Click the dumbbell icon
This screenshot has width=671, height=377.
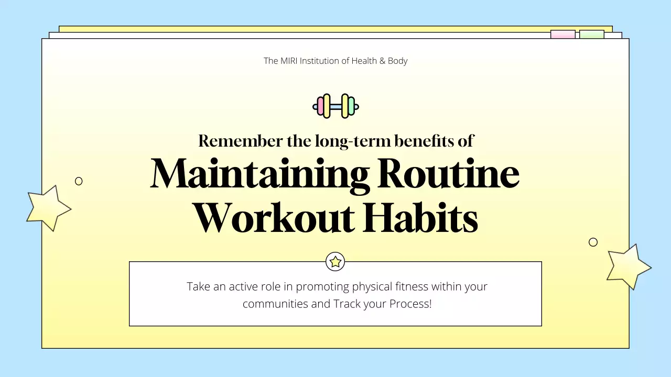(x=335, y=106)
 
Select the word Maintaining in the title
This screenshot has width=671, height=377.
(x=260, y=174)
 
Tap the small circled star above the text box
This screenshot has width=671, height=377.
(x=335, y=261)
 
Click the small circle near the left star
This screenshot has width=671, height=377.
(x=79, y=181)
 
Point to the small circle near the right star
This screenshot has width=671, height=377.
(x=593, y=242)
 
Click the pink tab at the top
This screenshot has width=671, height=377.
(x=562, y=34)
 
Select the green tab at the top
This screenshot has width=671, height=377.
(x=591, y=34)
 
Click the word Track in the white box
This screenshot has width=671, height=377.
(x=347, y=304)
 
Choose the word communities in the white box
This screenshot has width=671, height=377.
(x=275, y=304)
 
